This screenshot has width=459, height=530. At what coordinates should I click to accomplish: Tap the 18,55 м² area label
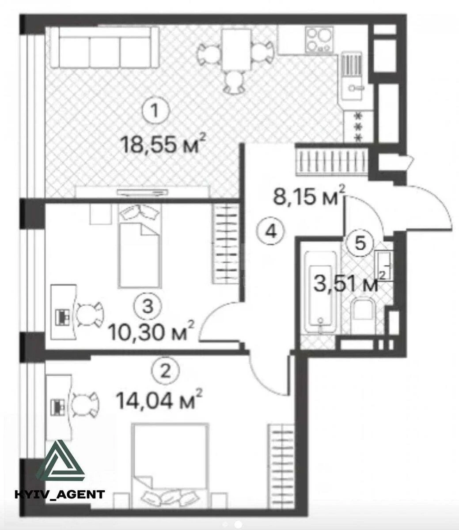coord(163,144)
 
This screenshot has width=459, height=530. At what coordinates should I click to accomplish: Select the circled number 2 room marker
coord(165,371)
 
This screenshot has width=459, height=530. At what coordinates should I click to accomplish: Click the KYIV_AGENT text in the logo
coord(60,494)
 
